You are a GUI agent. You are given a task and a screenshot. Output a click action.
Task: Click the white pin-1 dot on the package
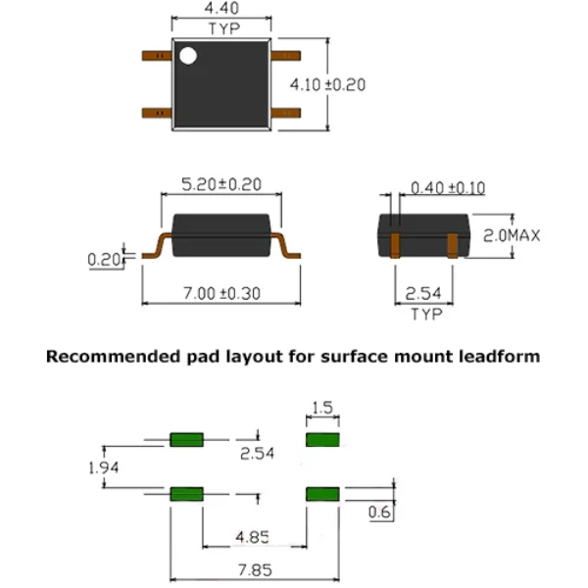click(x=187, y=55)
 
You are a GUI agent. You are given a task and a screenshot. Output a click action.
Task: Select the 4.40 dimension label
click(x=221, y=10)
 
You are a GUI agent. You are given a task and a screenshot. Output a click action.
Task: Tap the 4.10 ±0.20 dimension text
click(x=327, y=85)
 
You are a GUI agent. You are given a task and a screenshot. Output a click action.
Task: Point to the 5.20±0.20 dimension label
click(x=221, y=183)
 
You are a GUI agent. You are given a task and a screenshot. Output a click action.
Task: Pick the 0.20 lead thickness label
click(x=102, y=260)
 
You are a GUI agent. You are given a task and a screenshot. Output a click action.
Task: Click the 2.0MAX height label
click(x=513, y=235)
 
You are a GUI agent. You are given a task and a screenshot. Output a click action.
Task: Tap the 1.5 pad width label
click(x=324, y=408)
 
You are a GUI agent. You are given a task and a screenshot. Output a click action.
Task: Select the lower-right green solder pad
click(x=324, y=493)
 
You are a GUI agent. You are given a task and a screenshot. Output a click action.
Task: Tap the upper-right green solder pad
click(x=324, y=439)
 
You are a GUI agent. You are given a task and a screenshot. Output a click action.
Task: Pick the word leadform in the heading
click(x=499, y=357)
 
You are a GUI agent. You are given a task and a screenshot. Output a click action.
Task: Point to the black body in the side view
click(x=221, y=235)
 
